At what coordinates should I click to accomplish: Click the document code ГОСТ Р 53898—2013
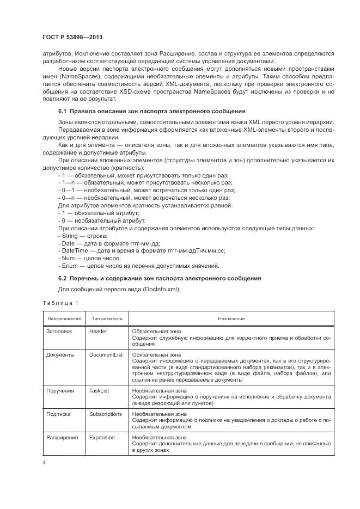coord(72,37)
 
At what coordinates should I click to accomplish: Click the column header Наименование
coord(64,318)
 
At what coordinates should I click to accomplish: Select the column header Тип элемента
coord(107,318)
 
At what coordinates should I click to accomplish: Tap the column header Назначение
coord(231,318)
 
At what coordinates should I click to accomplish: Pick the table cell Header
coord(98,331)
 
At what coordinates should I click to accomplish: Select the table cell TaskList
coord(99,390)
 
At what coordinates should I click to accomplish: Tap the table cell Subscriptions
coord(106,414)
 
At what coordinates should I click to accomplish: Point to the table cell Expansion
coord(102,437)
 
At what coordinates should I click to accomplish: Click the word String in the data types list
coord(70,236)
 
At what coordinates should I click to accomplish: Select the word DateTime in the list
coord(75,250)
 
